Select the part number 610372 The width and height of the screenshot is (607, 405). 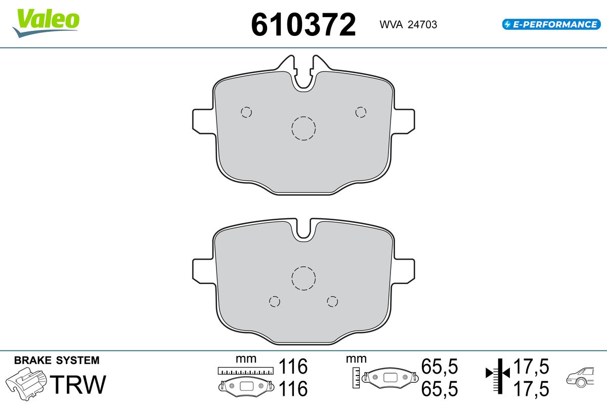(x=303, y=24)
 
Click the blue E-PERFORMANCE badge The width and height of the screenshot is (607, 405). (x=550, y=24)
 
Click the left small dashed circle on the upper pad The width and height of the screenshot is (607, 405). (x=246, y=112)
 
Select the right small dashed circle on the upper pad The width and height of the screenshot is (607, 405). (x=361, y=112)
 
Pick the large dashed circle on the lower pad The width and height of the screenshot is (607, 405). (x=303, y=278)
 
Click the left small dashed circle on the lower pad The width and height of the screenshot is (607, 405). (x=275, y=302)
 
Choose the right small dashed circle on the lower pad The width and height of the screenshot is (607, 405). (x=332, y=302)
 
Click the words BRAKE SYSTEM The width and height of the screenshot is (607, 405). (x=57, y=360)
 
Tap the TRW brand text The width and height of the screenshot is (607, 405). (x=79, y=385)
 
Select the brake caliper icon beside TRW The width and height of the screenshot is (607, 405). (x=26, y=384)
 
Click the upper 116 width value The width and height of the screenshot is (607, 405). (x=293, y=366)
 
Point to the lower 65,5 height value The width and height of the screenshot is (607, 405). (x=439, y=389)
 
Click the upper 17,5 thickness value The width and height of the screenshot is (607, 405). (x=531, y=366)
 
